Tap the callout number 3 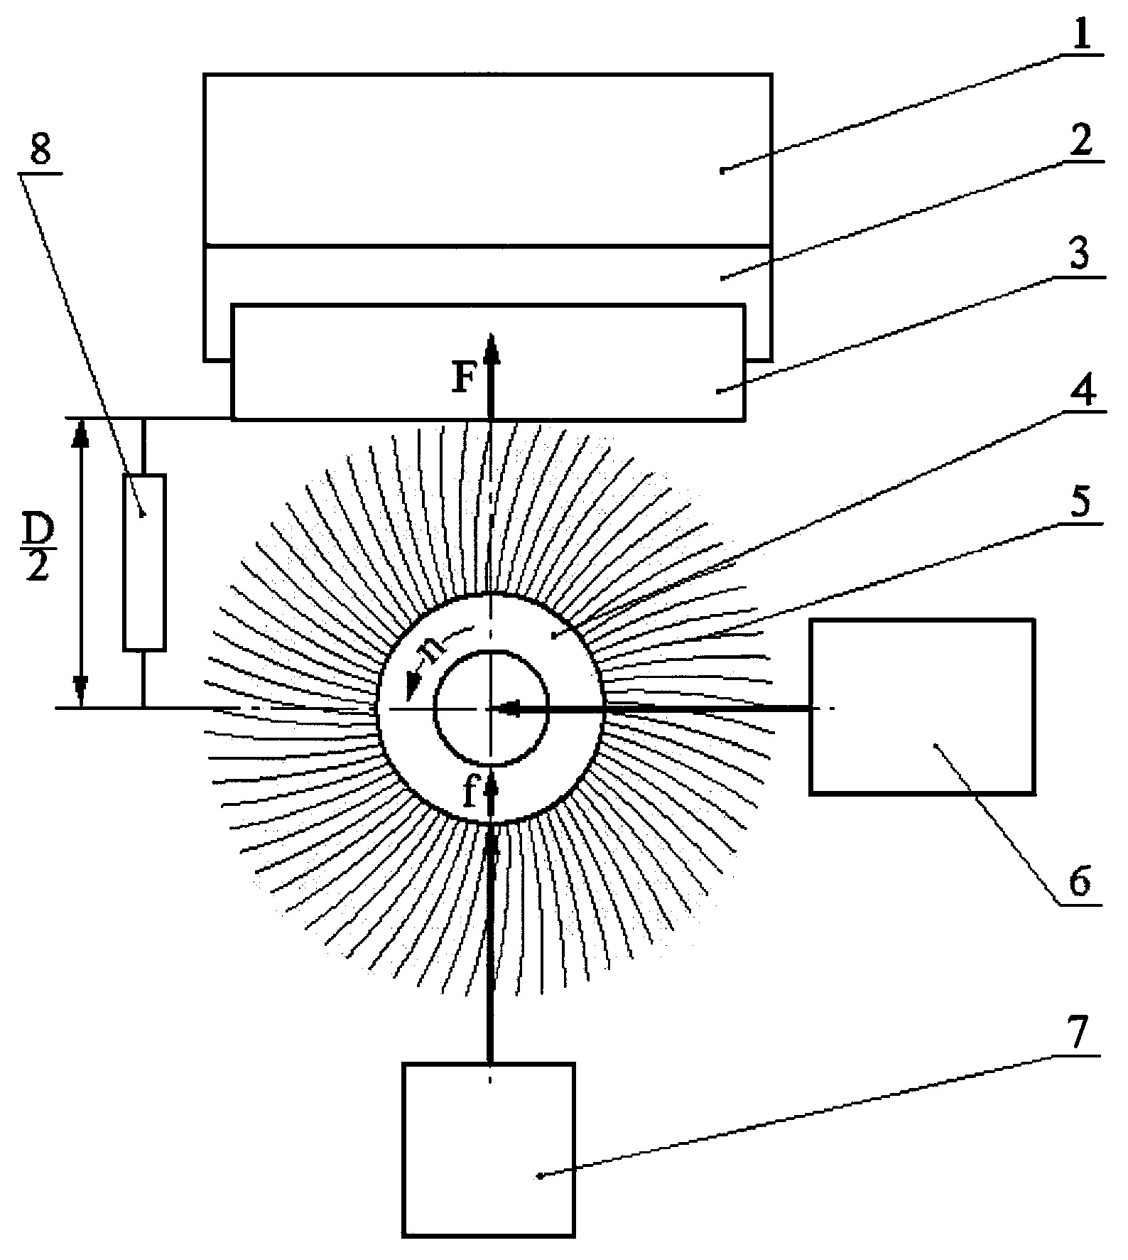pyautogui.click(x=1080, y=254)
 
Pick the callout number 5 pyautogui.click(x=1080, y=502)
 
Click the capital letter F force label pyautogui.click(x=465, y=379)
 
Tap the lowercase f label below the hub pyautogui.click(x=470, y=791)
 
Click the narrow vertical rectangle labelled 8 pyautogui.click(x=144, y=562)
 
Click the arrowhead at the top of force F pyautogui.click(x=489, y=348)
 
